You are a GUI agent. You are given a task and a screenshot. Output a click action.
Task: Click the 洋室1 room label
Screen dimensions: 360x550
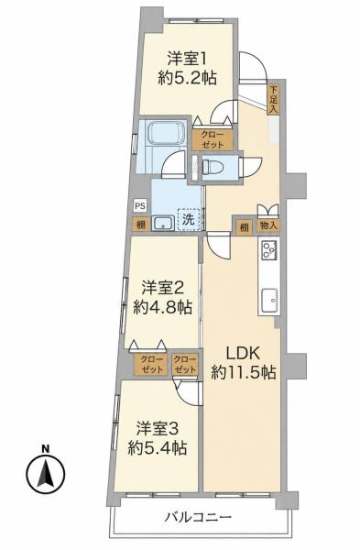click(186, 59)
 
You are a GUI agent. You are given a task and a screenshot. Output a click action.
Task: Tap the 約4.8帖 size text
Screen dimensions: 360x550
click(163, 308)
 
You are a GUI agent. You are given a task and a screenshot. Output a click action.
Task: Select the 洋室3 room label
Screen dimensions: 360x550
click(158, 429)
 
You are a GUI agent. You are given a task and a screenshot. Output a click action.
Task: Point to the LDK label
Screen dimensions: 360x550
click(243, 353)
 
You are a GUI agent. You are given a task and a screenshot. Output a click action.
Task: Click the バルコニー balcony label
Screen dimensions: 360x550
click(199, 517)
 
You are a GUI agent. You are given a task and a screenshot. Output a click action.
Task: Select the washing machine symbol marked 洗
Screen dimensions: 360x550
click(188, 219)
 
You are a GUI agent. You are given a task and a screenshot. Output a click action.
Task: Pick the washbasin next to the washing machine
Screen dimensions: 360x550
click(163, 223)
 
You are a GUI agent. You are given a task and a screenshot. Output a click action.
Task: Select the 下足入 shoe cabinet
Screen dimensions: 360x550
click(273, 100)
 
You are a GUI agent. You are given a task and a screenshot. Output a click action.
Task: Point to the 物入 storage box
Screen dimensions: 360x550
click(268, 225)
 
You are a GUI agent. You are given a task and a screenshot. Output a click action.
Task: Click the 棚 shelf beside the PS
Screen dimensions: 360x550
click(141, 225)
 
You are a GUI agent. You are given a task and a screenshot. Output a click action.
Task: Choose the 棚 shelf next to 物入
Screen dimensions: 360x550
click(245, 227)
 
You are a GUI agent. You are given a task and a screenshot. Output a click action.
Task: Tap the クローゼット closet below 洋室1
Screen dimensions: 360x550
click(213, 139)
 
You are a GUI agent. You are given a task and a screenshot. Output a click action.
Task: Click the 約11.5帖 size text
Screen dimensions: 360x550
click(244, 372)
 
